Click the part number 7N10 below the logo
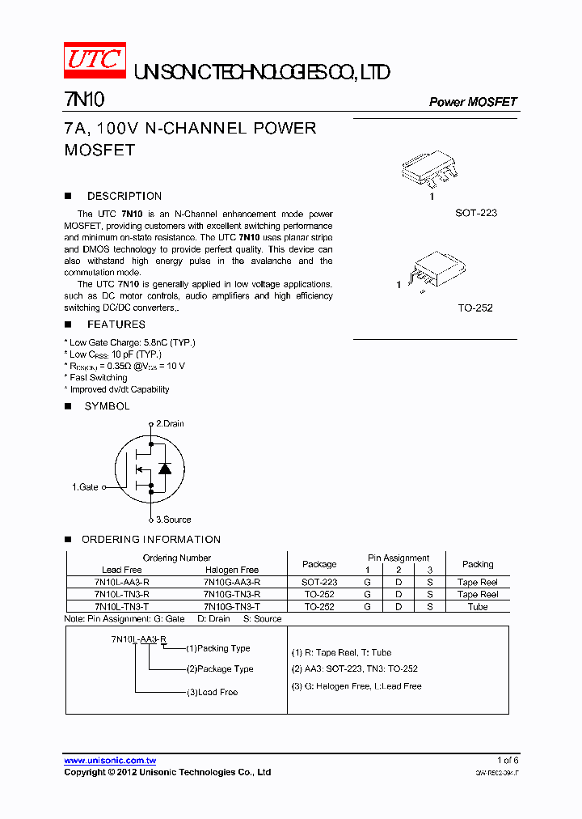(83, 100)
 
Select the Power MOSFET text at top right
(472, 102)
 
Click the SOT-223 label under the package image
(475, 213)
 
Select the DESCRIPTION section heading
(124, 196)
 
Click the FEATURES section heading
(116, 325)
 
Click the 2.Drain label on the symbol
(170, 423)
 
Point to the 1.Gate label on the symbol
(85, 487)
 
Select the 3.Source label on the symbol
(173, 520)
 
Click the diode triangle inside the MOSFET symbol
(165, 468)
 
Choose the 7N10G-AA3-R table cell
(231, 582)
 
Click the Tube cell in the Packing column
(478, 606)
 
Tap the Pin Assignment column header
(399, 558)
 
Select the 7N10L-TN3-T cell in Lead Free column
(121, 606)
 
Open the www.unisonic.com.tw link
(110, 761)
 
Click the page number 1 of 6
(508, 760)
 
